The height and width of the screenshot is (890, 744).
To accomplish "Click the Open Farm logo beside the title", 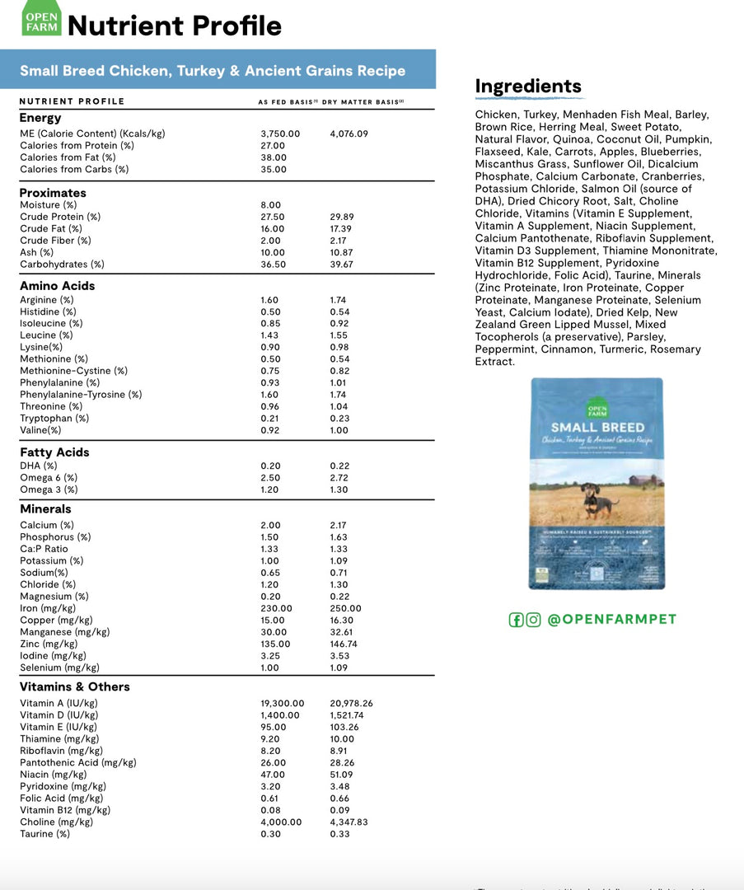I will [x=41, y=19].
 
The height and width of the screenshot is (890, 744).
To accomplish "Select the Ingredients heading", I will [x=528, y=87].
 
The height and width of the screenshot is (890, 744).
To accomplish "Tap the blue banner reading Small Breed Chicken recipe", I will [x=213, y=70].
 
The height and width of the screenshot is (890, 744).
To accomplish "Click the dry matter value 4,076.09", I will [x=349, y=133].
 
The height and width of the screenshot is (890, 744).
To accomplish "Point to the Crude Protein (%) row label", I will [x=60, y=217].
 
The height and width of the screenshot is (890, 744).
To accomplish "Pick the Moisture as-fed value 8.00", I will [x=270, y=205].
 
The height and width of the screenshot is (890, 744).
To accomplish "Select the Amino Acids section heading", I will [x=58, y=286].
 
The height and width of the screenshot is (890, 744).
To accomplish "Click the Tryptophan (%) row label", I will [x=54, y=418].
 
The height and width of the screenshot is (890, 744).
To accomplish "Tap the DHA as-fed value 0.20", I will [x=270, y=466].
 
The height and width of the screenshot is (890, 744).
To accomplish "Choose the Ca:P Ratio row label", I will [x=44, y=549].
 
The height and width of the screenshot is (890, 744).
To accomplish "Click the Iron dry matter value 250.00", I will [x=345, y=608].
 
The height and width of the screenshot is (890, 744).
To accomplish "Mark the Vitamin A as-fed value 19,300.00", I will [x=283, y=703].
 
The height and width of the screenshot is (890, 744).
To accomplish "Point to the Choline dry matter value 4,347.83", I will [x=350, y=822].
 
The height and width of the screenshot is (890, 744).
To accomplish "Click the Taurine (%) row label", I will [x=44, y=834].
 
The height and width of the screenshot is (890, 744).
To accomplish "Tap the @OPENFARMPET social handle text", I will [x=611, y=620].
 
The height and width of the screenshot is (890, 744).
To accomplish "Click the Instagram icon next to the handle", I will [x=534, y=620].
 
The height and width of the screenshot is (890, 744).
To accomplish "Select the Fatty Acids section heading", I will [x=54, y=452].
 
